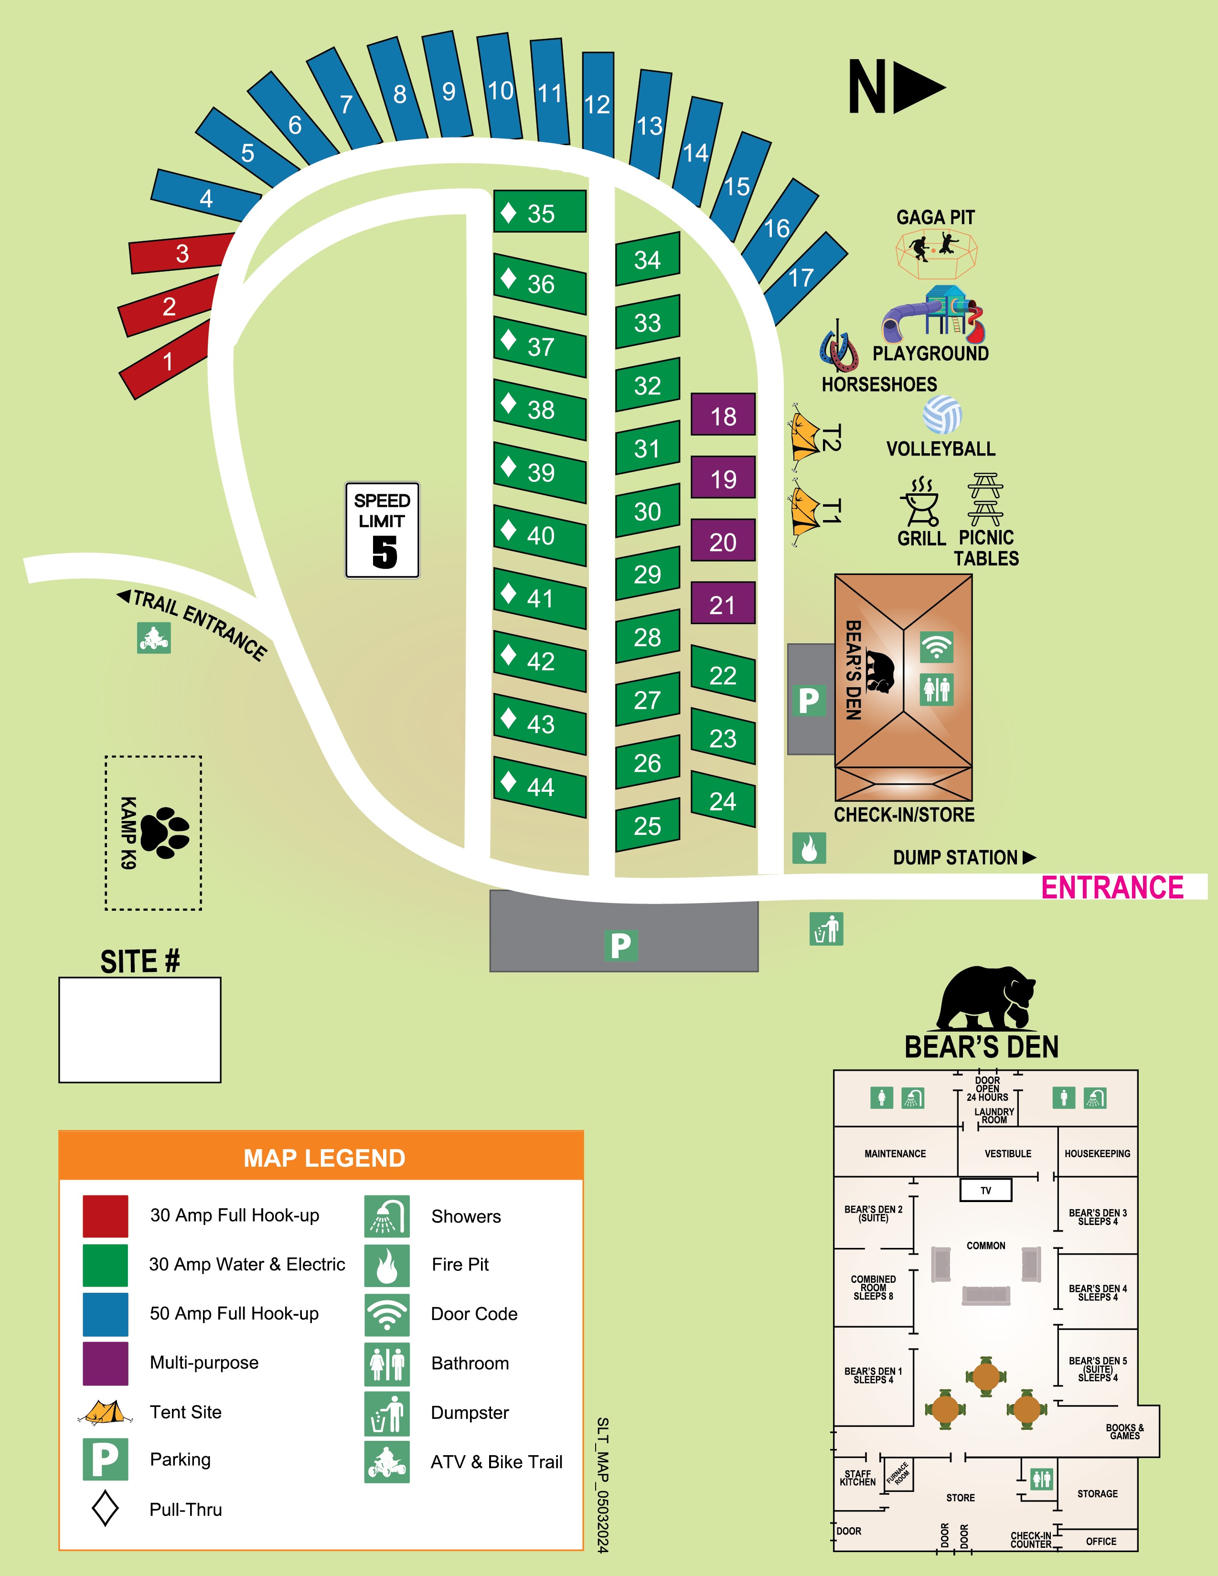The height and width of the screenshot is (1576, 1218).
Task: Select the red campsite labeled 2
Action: pos(168,306)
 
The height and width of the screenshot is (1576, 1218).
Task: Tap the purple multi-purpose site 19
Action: pos(723,478)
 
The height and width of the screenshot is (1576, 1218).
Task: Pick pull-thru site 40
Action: pos(540,535)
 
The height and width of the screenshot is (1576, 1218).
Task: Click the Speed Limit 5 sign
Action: pos(383,530)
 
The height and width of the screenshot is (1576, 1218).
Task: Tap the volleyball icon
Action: pos(941,414)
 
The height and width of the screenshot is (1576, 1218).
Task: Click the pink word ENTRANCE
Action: pos(1112,887)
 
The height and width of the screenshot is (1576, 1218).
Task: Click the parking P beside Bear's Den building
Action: pos(809,700)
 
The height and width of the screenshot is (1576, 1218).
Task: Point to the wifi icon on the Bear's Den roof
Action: pos(936,647)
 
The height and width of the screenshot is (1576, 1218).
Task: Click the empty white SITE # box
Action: pos(140,1030)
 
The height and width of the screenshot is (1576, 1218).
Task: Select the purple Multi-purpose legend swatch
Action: pos(106,1363)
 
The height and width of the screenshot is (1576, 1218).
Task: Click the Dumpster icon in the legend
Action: pos(387,1412)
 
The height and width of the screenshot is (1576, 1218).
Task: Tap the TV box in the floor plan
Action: pos(986,1190)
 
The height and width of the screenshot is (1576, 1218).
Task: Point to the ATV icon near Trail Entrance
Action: pos(154,638)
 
